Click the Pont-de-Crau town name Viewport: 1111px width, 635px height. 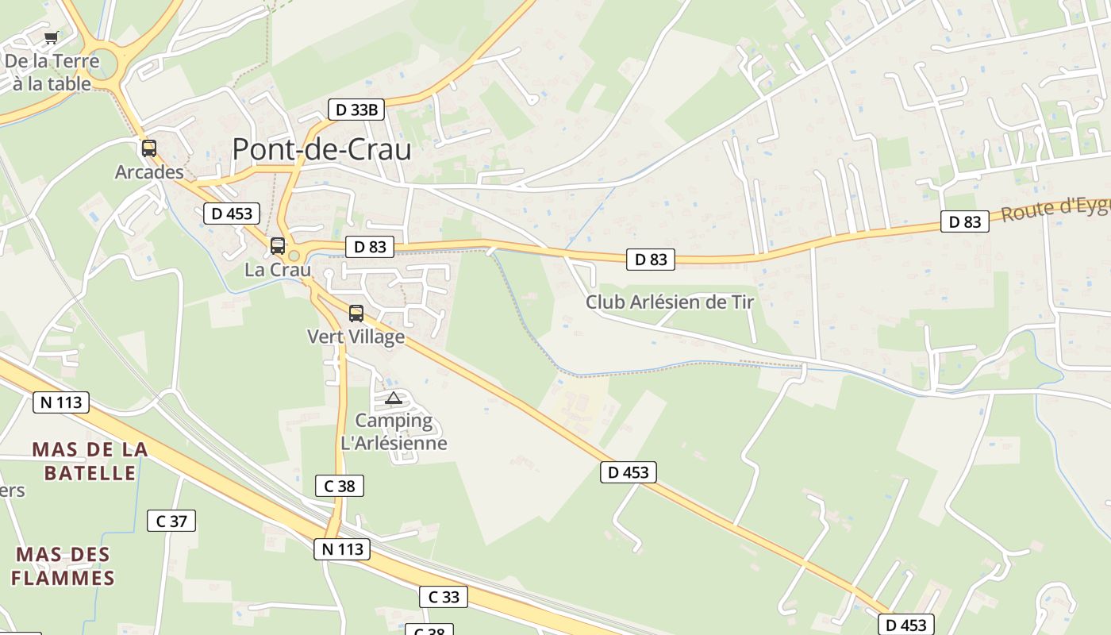point(321,149)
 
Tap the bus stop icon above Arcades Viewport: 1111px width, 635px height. point(148,148)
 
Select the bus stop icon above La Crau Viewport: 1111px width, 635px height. point(277,245)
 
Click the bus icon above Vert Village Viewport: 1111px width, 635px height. point(356,313)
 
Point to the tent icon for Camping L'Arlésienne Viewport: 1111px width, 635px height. point(393,398)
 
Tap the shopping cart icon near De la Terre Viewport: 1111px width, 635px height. point(52,37)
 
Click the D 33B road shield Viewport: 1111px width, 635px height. point(356,110)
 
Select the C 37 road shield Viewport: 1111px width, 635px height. point(171,521)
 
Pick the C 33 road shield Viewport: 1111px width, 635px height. point(444,597)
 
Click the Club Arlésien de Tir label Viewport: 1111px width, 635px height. point(670,302)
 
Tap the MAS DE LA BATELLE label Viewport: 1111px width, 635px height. point(90,461)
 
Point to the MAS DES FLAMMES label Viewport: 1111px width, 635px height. point(63,566)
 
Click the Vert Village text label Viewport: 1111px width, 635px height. point(356,337)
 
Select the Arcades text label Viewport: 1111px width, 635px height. point(149,172)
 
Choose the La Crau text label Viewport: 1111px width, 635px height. point(278,269)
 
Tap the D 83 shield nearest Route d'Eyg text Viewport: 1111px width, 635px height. point(965,222)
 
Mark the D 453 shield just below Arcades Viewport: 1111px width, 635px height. point(232,214)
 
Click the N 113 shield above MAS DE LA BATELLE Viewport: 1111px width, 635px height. point(61,402)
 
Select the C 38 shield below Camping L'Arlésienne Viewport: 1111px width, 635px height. point(340,486)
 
